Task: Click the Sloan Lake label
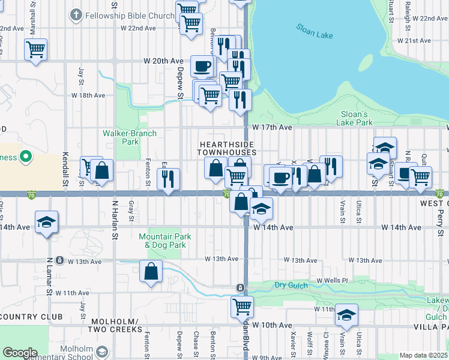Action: click(x=315, y=31)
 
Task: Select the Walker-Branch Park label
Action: click(x=130, y=137)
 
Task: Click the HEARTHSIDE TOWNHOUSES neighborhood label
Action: click(x=228, y=149)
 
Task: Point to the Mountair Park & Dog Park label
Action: click(x=165, y=241)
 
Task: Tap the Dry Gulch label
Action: click(x=290, y=285)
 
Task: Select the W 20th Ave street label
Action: click(x=163, y=61)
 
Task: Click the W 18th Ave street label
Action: click(x=88, y=95)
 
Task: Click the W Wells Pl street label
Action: click(x=332, y=280)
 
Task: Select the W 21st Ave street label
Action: click(x=414, y=41)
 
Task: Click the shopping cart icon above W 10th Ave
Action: click(x=241, y=306)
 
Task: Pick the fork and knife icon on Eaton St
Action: click(x=168, y=179)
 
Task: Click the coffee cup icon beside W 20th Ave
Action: click(x=202, y=65)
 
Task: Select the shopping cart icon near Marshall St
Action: click(x=35, y=49)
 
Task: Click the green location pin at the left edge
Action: click(x=25, y=158)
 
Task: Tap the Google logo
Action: click(x=20, y=353)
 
